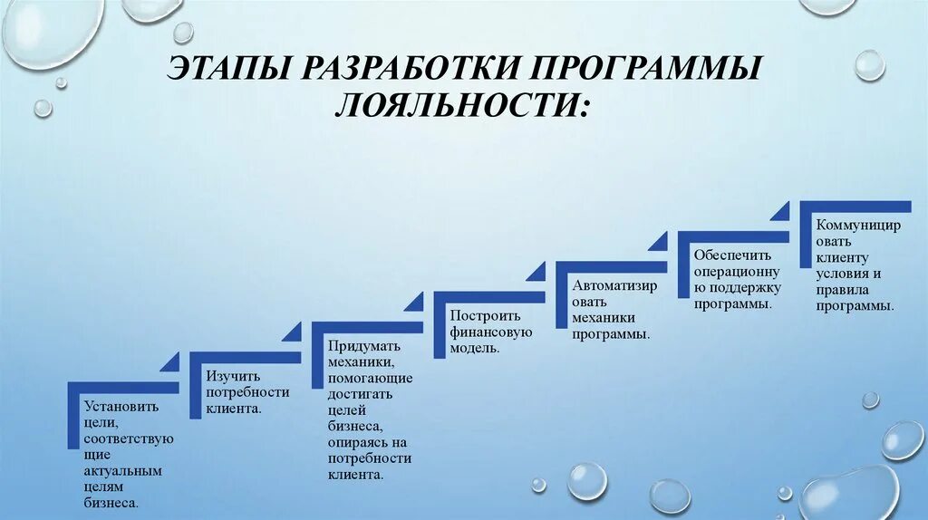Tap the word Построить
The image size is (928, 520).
[x=486, y=316]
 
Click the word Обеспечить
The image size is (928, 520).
[x=733, y=255]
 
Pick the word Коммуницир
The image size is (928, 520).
[x=857, y=226]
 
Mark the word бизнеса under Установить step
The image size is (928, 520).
[x=110, y=501]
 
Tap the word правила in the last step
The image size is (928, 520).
[x=842, y=290]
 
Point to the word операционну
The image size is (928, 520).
[x=737, y=272]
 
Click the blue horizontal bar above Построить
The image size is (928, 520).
[x=489, y=296]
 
